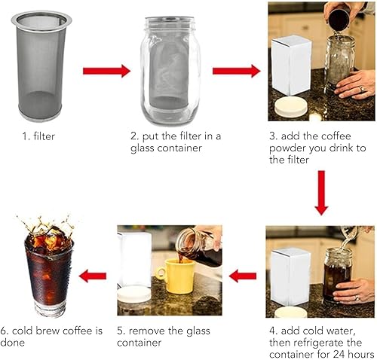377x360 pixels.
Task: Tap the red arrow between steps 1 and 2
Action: tap(106, 71)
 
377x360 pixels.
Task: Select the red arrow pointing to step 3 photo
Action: tap(236, 71)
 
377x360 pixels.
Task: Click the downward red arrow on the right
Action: tap(321, 193)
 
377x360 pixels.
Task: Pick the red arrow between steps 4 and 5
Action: tap(243, 276)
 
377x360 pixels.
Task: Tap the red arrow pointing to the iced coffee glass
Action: tap(92, 276)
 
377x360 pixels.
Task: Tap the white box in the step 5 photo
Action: tap(134, 260)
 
